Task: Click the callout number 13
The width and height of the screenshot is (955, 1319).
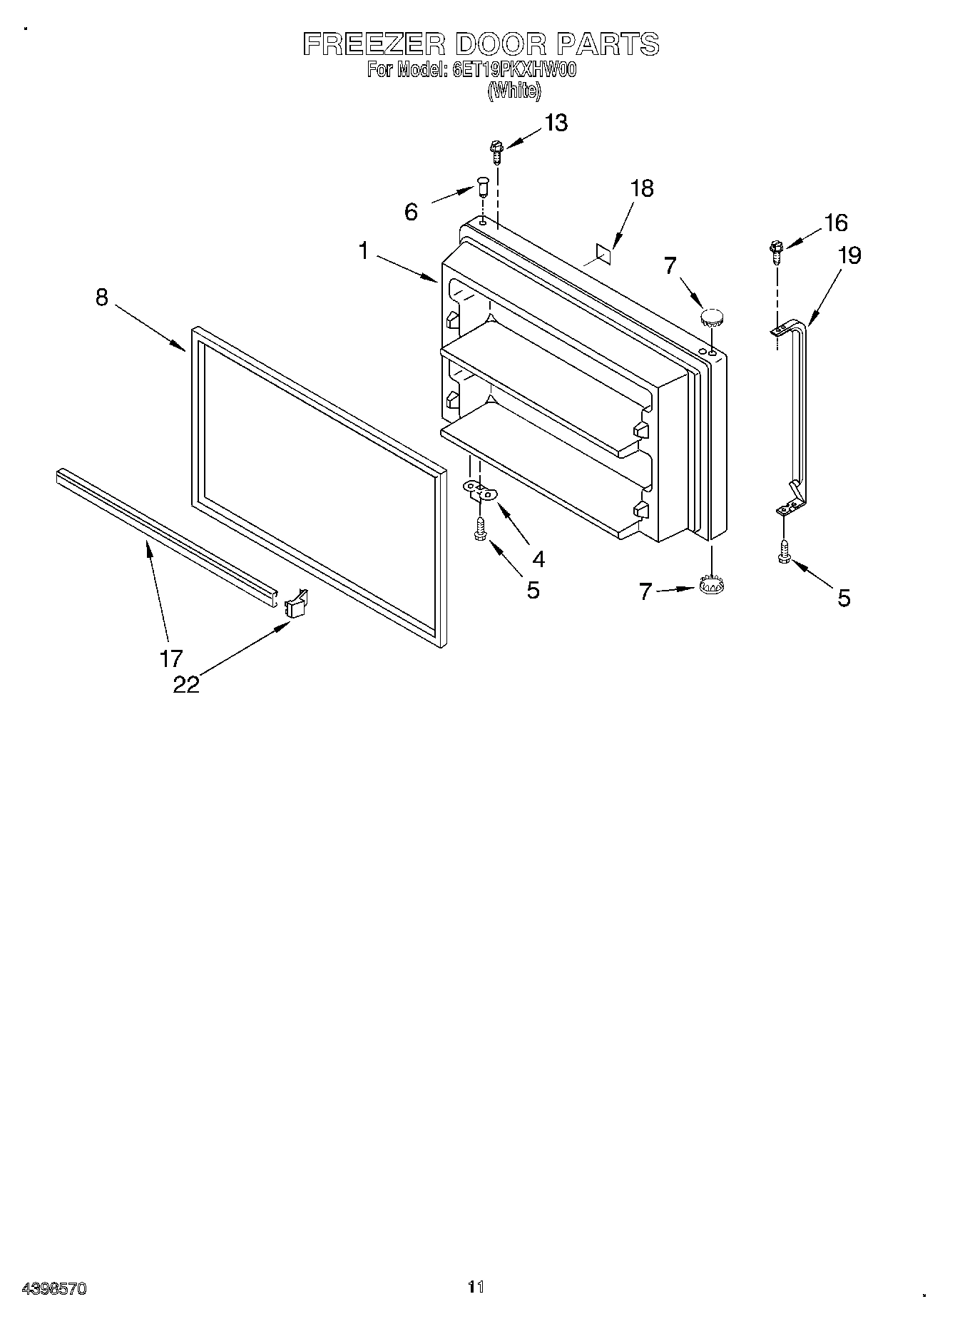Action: [556, 123]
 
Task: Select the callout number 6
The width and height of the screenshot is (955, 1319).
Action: [411, 212]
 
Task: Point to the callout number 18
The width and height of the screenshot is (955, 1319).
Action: [642, 188]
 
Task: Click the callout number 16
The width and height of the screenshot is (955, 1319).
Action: [835, 223]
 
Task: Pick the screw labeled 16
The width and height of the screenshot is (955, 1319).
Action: [775, 252]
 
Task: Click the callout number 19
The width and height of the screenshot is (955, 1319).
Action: [849, 255]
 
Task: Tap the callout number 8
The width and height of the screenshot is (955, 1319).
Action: [102, 297]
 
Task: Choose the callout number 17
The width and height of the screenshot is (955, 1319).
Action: [171, 658]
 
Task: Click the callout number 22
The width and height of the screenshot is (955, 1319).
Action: [186, 683]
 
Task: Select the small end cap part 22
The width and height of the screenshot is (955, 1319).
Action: [295, 604]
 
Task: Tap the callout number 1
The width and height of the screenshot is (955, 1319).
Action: [364, 251]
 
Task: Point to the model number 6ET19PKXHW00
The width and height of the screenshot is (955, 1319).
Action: [514, 70]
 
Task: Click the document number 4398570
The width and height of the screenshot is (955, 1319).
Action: [55, 1288]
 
